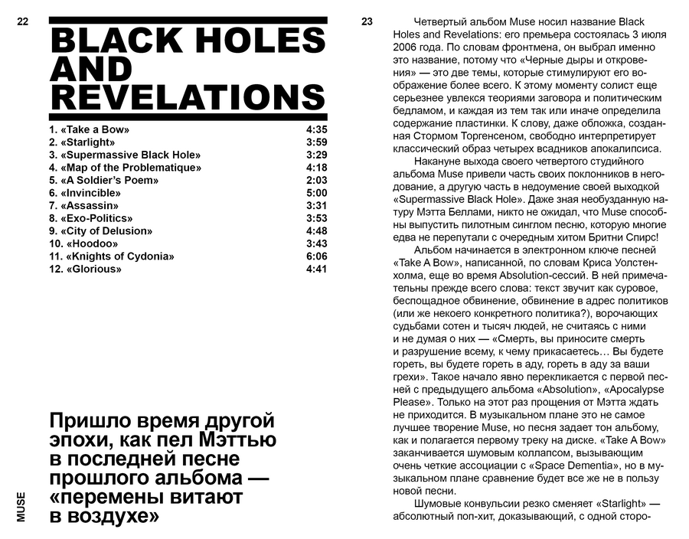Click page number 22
tap(21, 22)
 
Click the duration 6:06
tap(316, 256)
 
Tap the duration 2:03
tap(316, 180)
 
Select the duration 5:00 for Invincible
tap(316, 193)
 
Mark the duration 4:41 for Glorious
tap(316, 269)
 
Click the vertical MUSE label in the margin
tap(21, 506)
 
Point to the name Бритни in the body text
tap(597, 237)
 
